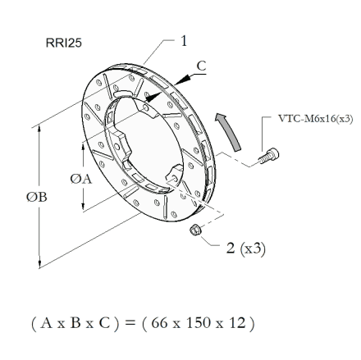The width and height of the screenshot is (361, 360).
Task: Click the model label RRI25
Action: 64,43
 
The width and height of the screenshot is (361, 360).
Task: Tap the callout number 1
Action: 184,41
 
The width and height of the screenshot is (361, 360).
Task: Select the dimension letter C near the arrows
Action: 201,66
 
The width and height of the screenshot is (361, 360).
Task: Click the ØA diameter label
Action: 81,179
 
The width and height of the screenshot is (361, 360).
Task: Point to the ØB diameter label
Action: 37,197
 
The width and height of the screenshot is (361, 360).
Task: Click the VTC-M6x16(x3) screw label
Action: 316,119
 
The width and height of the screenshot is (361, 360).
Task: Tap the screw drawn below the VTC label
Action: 268,156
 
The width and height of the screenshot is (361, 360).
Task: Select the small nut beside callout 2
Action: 195,229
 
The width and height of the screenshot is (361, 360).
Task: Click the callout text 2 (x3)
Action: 245,248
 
